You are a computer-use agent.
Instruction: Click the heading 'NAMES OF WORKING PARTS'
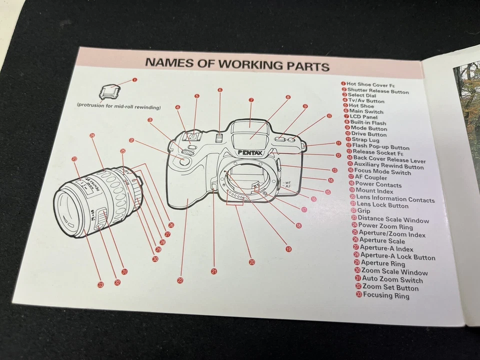pyautogui.click(x=237, y=65)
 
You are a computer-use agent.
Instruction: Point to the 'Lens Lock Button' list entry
pyautogui.click(x=384, y=205)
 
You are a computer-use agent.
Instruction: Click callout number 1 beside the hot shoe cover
pyautogui.click(x=134, y=79)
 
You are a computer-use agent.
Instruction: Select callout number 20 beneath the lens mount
pyautogui.click(x=251, y=261)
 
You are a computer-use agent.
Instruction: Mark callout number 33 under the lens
pyautogui.click(x=100, y=284)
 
